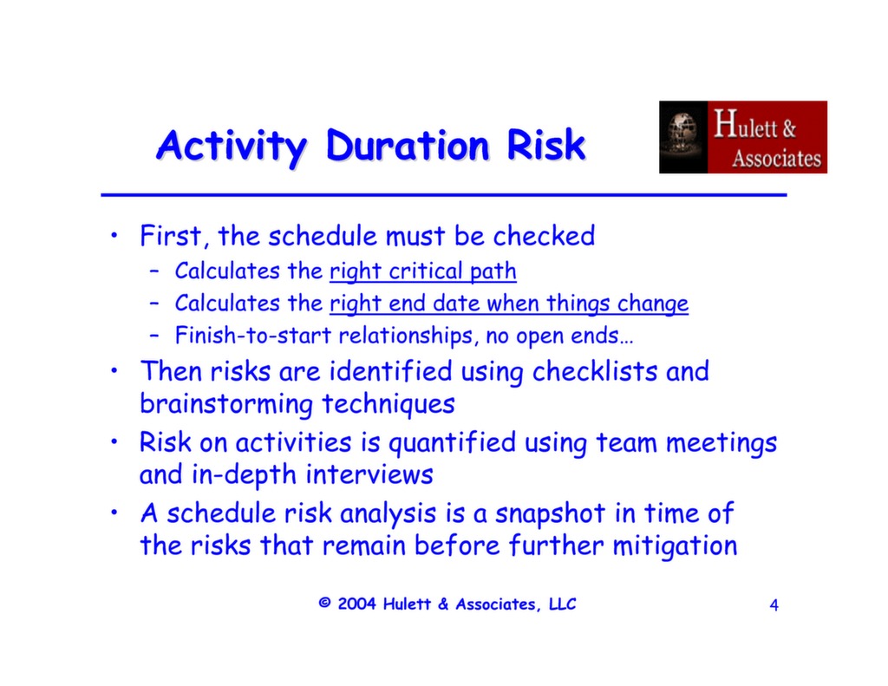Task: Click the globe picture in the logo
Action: point(683,137)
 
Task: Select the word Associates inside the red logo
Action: point(775,159)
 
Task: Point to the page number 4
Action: point(774,605)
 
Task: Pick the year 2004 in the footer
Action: point(357,604)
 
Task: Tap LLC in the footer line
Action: point(562,604)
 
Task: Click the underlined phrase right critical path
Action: point(422,271)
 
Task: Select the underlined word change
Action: point(652,304)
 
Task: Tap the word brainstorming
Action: point(227,404)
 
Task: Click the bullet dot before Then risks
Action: point(114,371)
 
